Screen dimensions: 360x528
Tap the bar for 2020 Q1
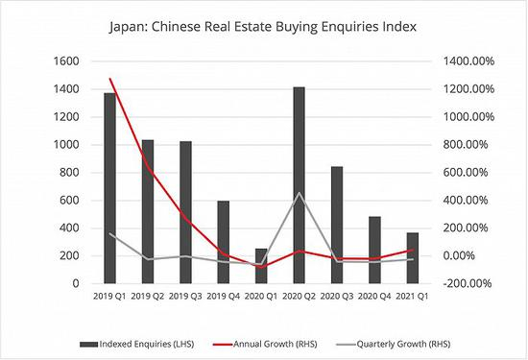click(x=261, y=266)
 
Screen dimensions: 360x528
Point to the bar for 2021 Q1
click(x=412, y=258)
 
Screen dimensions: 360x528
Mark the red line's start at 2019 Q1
click(x=110, y=80)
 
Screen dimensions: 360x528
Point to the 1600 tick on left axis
click(x=66, y=60)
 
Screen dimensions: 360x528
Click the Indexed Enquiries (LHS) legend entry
click(x=148, y=342)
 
